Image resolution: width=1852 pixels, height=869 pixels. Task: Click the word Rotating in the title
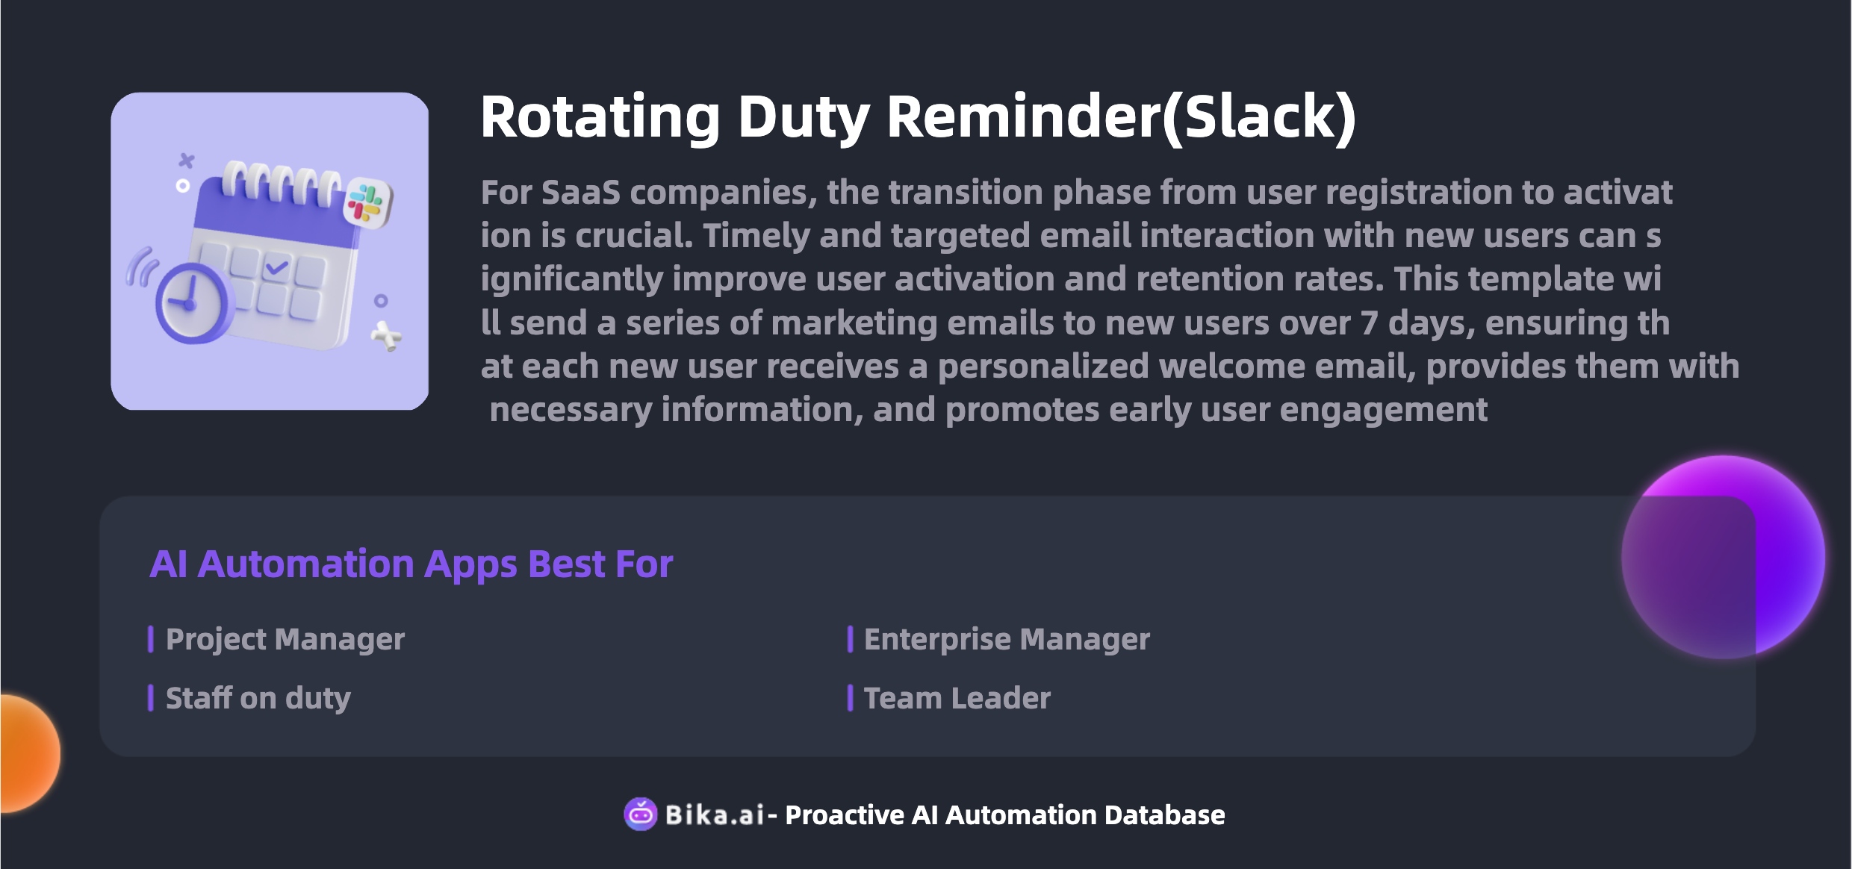coord(600,118)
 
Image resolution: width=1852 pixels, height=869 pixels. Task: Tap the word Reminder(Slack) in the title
coord(1121,118)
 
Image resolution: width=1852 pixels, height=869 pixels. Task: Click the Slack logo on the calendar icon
coord(367,203)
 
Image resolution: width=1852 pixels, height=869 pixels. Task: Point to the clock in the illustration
coord(193,302)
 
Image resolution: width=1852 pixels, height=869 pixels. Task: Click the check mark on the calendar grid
coord(276,267)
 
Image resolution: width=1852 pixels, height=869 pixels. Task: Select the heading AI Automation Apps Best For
coord(411,564)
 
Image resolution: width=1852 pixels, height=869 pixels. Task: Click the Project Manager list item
coord(285,639)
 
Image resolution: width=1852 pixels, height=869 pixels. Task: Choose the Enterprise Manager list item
coord(1007,639)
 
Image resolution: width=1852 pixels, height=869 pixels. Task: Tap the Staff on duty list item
coord(258,699)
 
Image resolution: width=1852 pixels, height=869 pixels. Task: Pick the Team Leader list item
coord(957,698)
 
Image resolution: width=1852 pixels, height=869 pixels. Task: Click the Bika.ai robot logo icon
coord(641,814)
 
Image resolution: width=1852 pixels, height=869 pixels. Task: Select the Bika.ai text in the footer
coord(715,815)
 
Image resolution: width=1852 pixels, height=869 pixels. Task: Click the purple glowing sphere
coord(1723,557)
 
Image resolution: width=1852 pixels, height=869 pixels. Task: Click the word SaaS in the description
coord(580,193)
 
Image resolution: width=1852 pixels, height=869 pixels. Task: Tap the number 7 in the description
coord(1369,323)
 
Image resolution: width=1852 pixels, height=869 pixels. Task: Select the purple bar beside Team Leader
coord(850,698)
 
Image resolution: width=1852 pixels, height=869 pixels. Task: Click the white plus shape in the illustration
coord(386,336)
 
